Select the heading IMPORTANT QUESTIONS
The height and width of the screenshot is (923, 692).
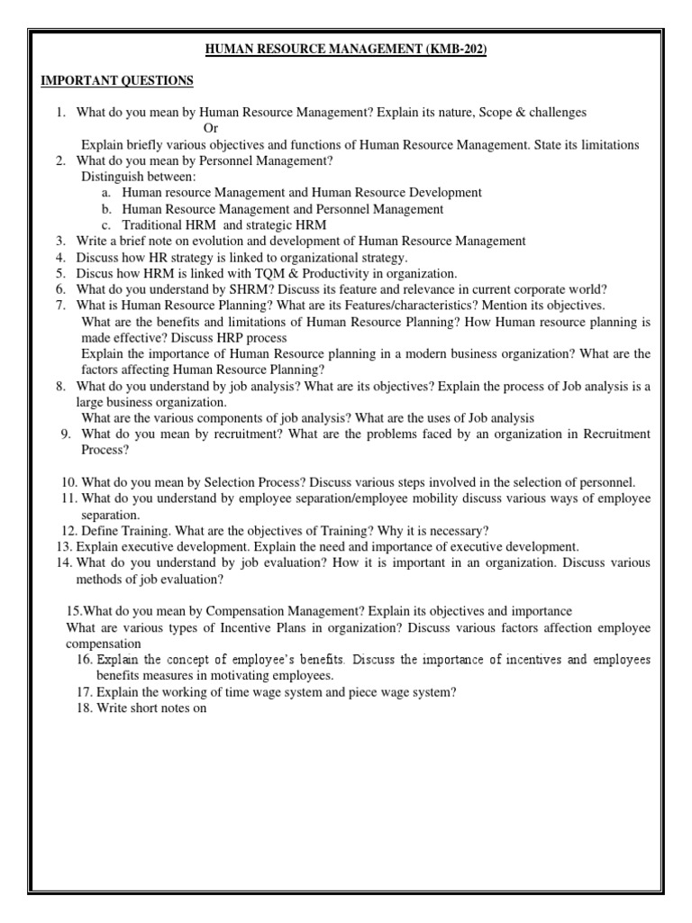coord(117,81)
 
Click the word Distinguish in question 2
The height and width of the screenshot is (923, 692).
coord(112,177)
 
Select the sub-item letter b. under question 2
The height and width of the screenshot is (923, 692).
coord(106,209)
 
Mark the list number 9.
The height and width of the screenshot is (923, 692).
coord(66,434)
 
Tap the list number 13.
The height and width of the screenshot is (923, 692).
coord(63,546)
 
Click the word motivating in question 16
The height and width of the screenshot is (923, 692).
coord(238,675)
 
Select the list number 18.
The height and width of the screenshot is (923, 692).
coord(85,708)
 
